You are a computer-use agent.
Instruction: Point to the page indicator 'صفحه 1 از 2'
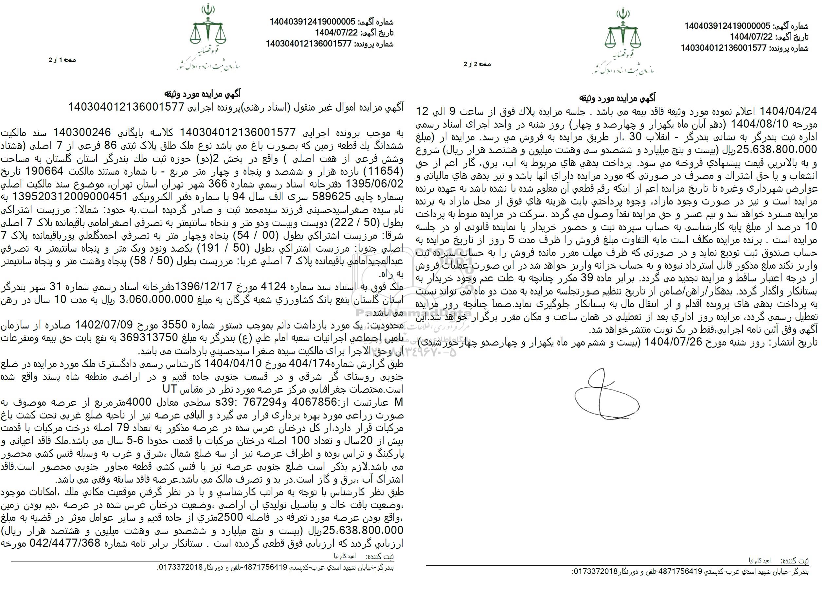63,60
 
